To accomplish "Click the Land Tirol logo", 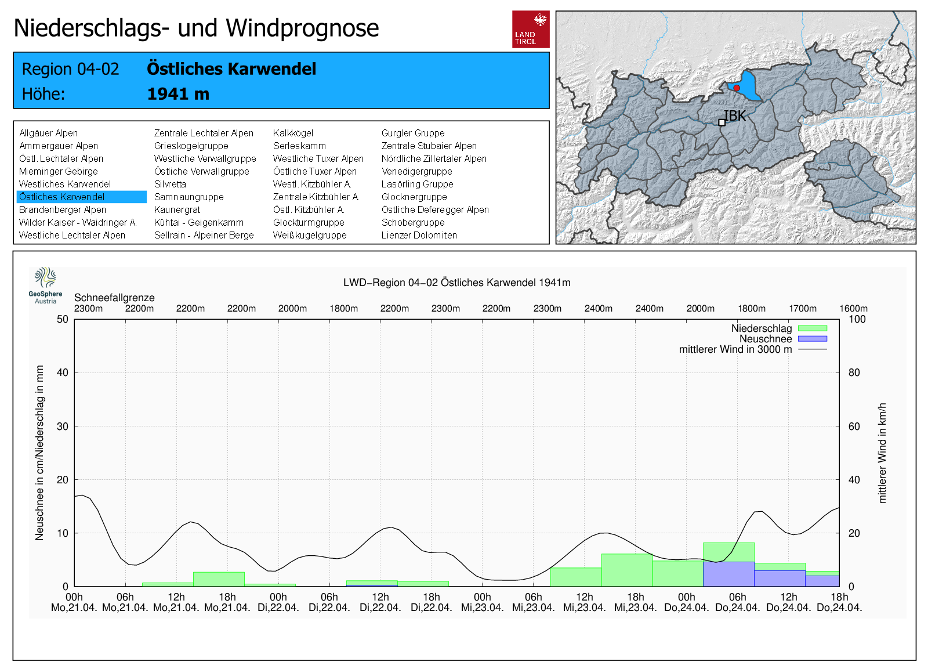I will (x=531, y=29).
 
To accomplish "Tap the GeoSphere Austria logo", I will (x=45, y=285).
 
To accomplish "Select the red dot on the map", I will (x=737, y=88).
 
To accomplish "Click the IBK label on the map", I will (x=735, y=116).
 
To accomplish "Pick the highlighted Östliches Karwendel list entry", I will (x=81, y=197).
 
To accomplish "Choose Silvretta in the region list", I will (x=170, y=185).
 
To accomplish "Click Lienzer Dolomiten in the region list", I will (x=419, y=236).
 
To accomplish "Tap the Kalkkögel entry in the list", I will (x=293, y=133).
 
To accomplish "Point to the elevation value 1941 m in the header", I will (x=178, y=94).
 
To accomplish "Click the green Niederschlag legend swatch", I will (x=812, y=328).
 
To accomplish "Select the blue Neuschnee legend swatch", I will (x=812, y=339).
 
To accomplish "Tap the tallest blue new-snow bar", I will (x=728, y=574).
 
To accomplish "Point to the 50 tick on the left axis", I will (x=63, y=319).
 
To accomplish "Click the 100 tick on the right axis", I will (x=857, y=319).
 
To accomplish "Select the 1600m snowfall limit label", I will (x=853, y=309).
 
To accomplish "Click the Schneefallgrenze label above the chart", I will (x=114, y=298).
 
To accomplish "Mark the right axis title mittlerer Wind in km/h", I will (x=882, y=453).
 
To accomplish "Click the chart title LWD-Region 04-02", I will (x=456, y=283).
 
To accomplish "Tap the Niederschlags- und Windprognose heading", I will (x=196, y=28).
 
